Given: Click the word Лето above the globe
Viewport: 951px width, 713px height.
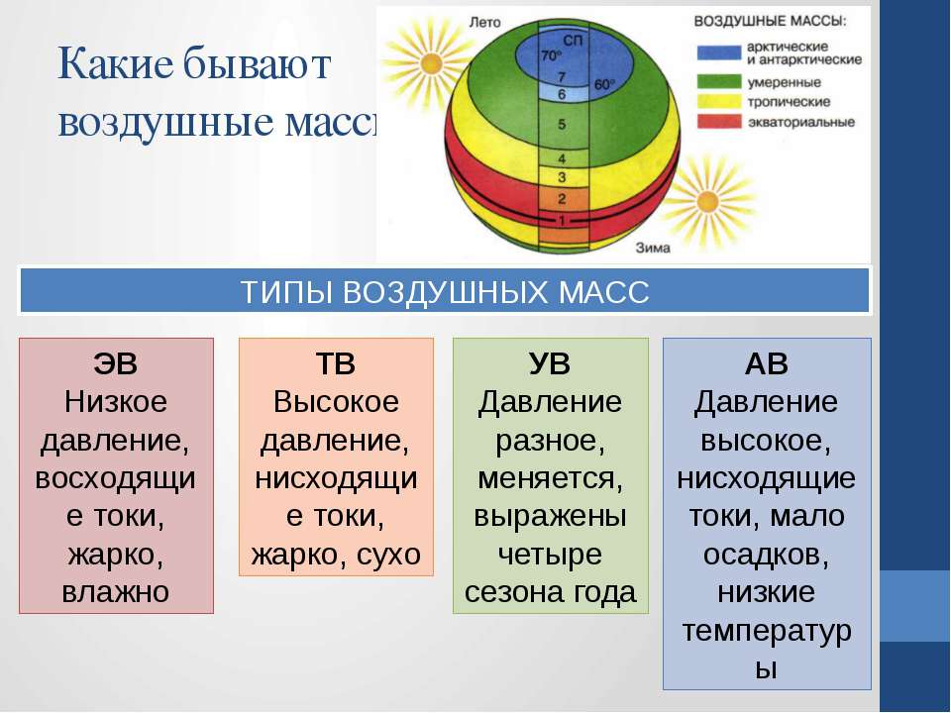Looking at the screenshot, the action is pos(484,23).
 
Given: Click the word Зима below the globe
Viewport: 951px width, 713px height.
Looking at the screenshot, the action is pos(653,248).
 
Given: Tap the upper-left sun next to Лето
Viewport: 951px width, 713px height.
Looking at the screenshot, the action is pos(430,62).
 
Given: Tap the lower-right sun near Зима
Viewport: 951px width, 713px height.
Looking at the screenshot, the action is pos(707,201).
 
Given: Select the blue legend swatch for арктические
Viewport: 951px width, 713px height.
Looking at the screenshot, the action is pos(719,52).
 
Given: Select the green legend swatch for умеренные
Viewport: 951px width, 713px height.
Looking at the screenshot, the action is pos(719,82).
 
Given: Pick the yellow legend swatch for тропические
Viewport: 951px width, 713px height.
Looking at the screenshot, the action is pos(719,101).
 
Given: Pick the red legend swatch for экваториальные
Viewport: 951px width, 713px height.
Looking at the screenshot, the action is pos(719,121).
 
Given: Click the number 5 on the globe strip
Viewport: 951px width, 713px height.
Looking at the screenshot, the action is pos(562,125).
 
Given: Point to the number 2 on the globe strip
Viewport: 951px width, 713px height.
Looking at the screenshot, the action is pos(562,199).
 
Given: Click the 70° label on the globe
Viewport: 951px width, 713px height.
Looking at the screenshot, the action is pos(552,55).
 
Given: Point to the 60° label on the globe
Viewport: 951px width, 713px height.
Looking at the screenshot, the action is pos(604,85).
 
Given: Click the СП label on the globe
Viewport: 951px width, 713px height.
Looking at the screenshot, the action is pos(573,41).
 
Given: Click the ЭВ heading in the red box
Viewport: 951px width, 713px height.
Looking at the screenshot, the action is pos(115,363).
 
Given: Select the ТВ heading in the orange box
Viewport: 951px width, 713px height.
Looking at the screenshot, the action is pos(336,363).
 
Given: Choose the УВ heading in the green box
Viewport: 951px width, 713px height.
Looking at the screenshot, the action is pos(550,363).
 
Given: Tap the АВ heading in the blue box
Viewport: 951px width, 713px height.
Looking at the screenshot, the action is pos(766,363).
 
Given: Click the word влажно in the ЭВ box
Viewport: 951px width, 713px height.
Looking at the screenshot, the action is pos(115,592).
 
